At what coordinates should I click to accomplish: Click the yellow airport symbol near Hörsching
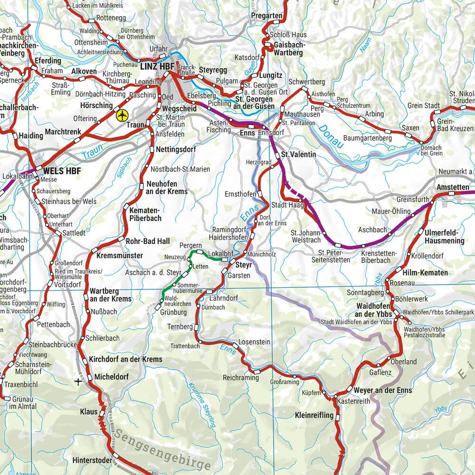[x=122, y=115]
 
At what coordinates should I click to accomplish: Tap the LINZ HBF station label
[x=157, y=67]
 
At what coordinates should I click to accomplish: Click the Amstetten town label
[x=453, y=187]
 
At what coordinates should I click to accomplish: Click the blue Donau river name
[x=331, y=136]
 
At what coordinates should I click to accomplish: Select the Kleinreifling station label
[x=314, y=415]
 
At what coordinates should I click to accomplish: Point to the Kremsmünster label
[x=119, y=256]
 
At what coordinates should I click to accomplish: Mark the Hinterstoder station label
[x=92, y=460]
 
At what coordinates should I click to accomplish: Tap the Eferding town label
[x=47, y=61]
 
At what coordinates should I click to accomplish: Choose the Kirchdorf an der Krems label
[x=125, y=360]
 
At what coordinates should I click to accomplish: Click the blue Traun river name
[x=92, y=154]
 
